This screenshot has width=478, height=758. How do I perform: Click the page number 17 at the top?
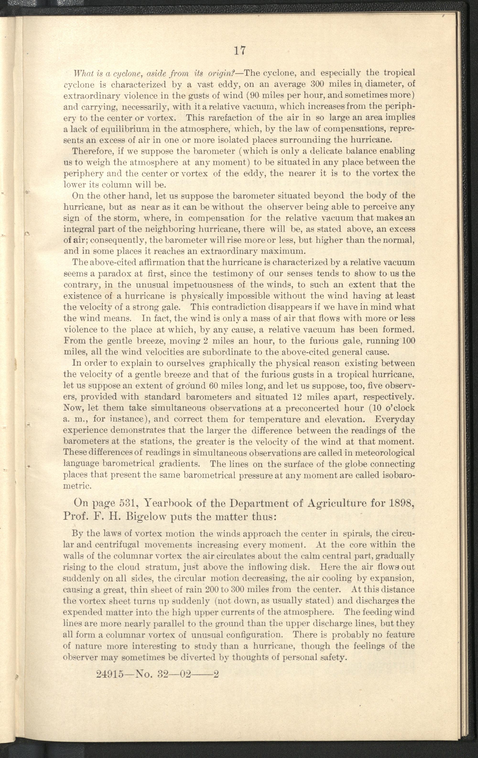pos(239,50)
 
